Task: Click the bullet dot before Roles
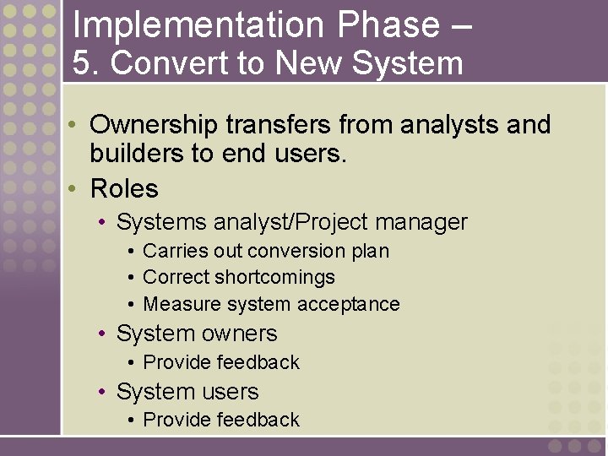[x=74, y=187]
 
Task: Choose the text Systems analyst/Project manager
[x=291, y=222]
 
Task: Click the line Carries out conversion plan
[x=266, y=251]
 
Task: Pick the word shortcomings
[x=275, y=277]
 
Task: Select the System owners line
[x=197, y=334]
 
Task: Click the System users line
[x=187, y=392]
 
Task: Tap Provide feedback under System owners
[x=221, y=362]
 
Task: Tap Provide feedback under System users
[x=221, y=420]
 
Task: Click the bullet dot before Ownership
[x=74, y=125]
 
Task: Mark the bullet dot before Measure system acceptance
[x=132, y=304]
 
